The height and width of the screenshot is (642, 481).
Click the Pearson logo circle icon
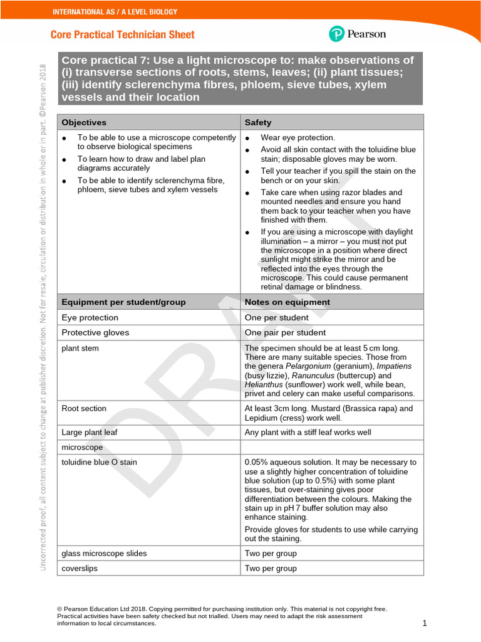[x=336, y=34]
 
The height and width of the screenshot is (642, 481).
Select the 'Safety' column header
[x=258, y=122]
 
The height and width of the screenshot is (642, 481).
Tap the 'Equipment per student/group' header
[x=123, y=302]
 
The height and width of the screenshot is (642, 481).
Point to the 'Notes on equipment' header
[x=287, y=302]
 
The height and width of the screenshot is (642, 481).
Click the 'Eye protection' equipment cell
[x=90, y=318]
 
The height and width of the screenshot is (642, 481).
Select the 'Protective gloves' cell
[x=95, y=333]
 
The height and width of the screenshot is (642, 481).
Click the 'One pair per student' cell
[x=285, y=333]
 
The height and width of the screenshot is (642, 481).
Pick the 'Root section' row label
[x=84, y=409]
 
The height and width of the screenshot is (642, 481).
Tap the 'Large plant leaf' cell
[x=90, y=433]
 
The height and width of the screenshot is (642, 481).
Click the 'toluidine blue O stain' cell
[x=99, y=463]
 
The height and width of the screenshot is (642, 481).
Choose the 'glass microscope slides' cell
[x=103, y=554]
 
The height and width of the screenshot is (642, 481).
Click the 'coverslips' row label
[x=80, y=569]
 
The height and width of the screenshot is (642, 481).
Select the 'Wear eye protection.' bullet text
[x=297, y=138]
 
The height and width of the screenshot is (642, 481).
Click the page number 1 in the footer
[x=424, y=623]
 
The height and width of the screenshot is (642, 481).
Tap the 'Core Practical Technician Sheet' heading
[x=122, y=35]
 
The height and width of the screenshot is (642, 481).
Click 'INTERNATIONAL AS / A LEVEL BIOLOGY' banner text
[x=115, y=12]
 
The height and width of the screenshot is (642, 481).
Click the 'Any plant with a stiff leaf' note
[x=308, y=433]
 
